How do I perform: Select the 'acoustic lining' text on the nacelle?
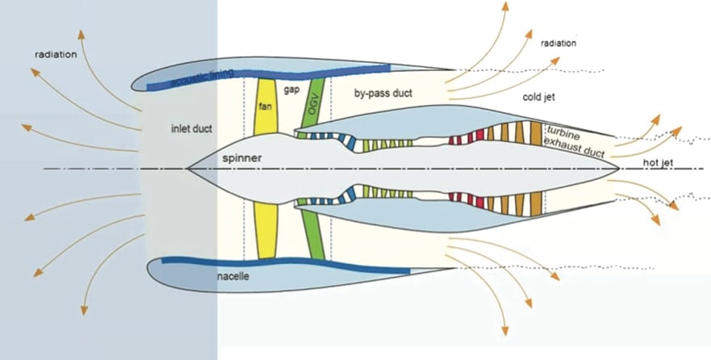tap(202, 78)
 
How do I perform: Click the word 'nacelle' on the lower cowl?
tap(233, 277)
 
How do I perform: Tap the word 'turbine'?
tap(565, 131)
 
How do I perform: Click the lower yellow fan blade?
tap(266, 231)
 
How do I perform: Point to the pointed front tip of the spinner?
tap(188, 169)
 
